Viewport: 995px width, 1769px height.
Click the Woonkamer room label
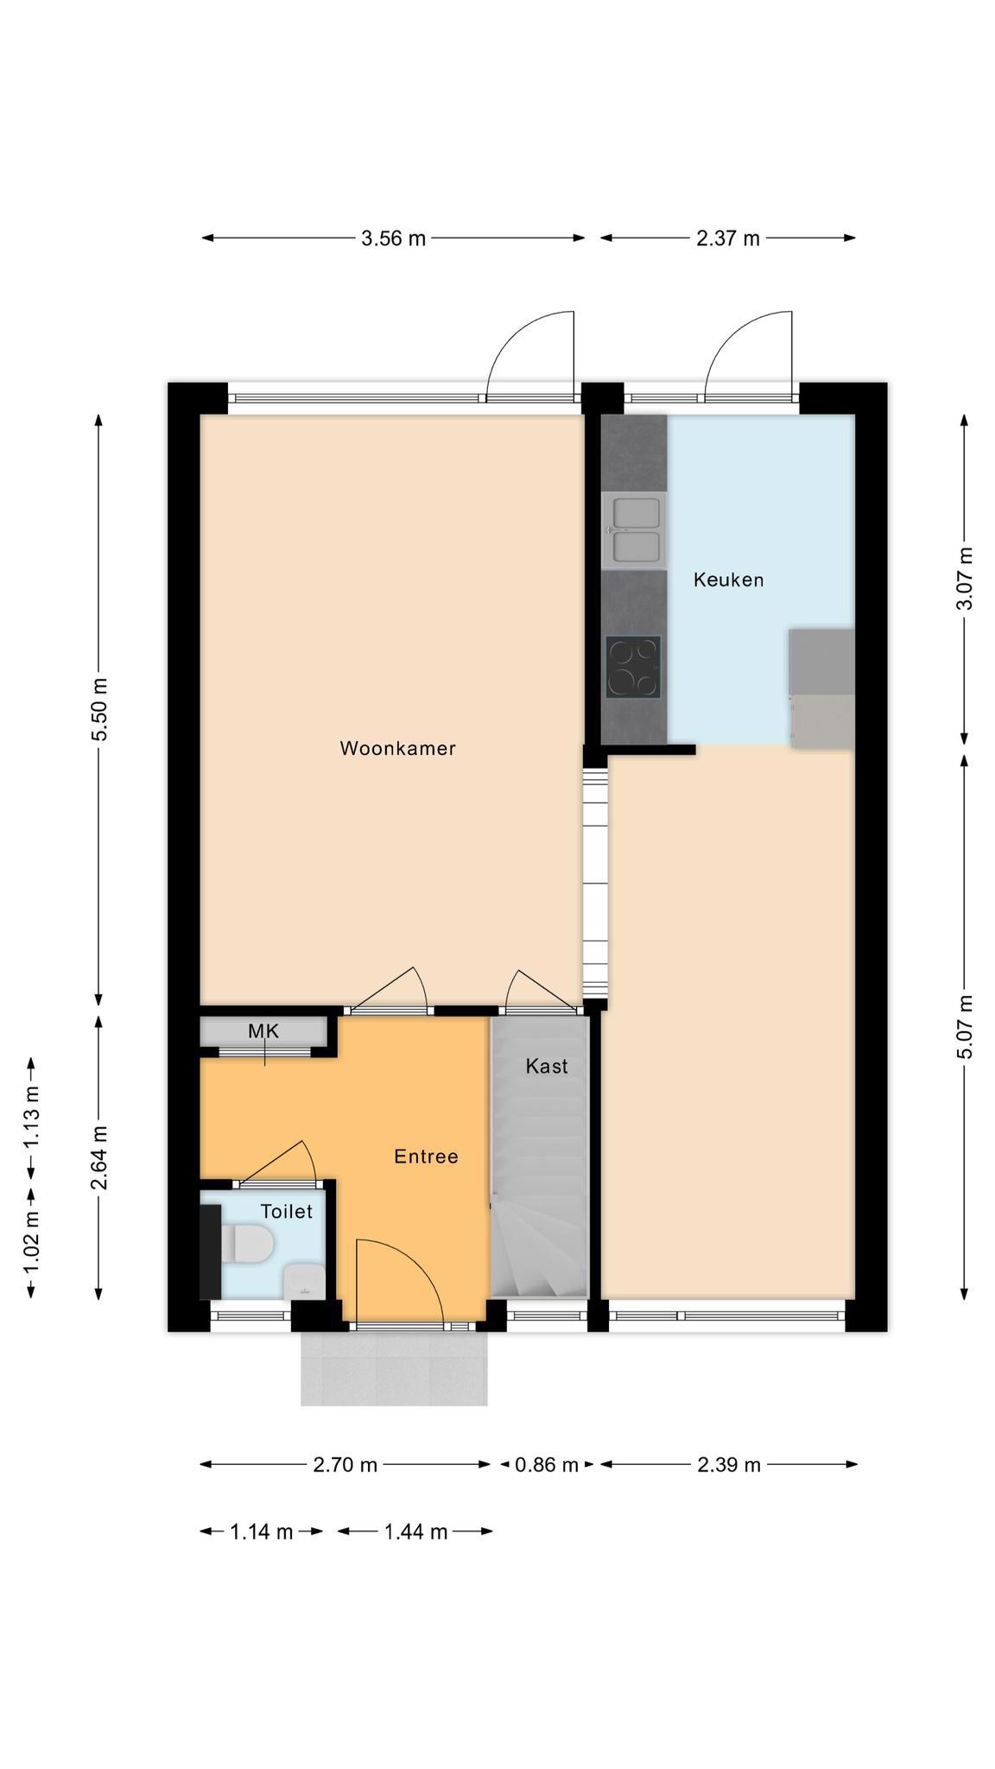397,748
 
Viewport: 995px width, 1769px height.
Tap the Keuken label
728,580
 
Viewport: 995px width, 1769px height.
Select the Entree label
426,1157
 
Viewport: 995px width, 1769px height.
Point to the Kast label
547,1066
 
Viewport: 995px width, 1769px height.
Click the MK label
263,1030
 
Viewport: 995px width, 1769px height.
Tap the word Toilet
287,1212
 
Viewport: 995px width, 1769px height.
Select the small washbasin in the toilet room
304,1281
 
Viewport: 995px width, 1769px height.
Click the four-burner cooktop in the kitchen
633,667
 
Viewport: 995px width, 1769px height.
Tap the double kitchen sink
635,529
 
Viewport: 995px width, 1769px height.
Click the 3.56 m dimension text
394,238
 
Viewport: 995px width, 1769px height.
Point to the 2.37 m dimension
728,238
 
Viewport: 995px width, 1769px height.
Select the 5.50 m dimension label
100,708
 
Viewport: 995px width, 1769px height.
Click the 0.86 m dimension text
547,1464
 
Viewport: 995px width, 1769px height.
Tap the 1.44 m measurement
415,1531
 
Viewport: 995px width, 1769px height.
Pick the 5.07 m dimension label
965,1027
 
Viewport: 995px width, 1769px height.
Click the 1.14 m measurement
262,1531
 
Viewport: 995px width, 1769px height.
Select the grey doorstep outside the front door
394,1368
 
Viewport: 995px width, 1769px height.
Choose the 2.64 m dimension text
100,1157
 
